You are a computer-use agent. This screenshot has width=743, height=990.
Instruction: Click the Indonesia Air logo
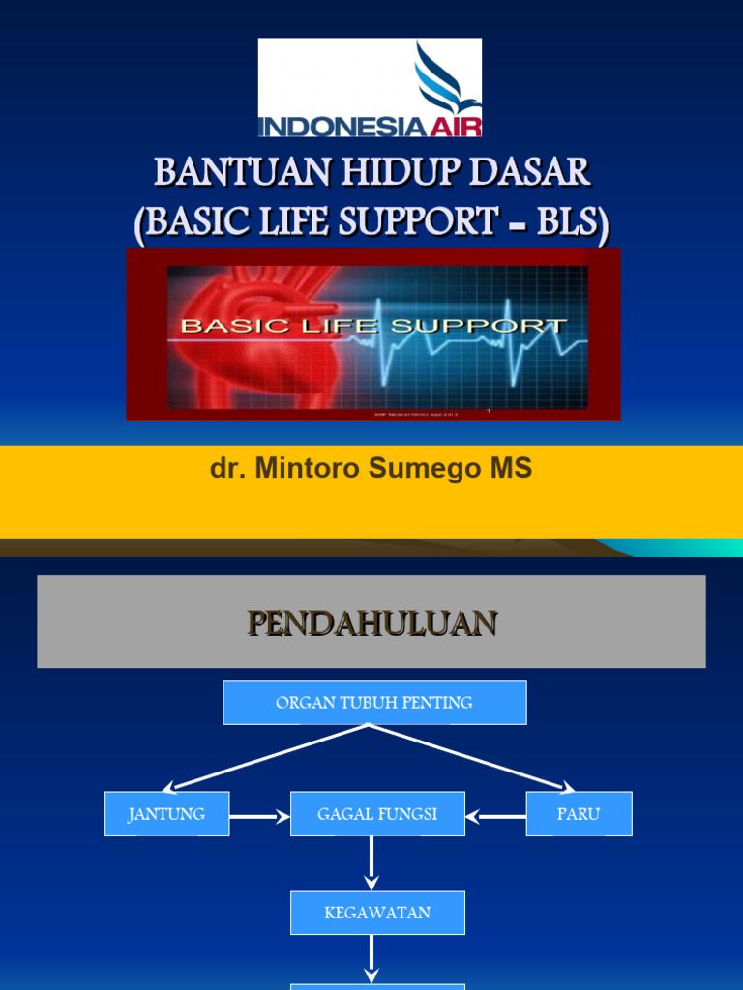370,88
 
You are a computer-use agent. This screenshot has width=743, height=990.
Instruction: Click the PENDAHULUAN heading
371,623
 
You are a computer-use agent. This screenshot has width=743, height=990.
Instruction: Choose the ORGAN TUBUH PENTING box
374,703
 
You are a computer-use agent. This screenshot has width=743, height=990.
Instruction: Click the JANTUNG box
166,814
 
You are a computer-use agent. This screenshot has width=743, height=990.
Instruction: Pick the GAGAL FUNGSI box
377,814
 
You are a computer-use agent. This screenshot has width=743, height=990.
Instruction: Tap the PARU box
579,814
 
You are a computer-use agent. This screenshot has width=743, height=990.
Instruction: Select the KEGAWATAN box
377,913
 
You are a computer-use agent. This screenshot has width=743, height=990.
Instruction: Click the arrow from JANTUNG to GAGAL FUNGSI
259,816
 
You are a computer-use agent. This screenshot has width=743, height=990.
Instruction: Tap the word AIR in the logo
455,127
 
